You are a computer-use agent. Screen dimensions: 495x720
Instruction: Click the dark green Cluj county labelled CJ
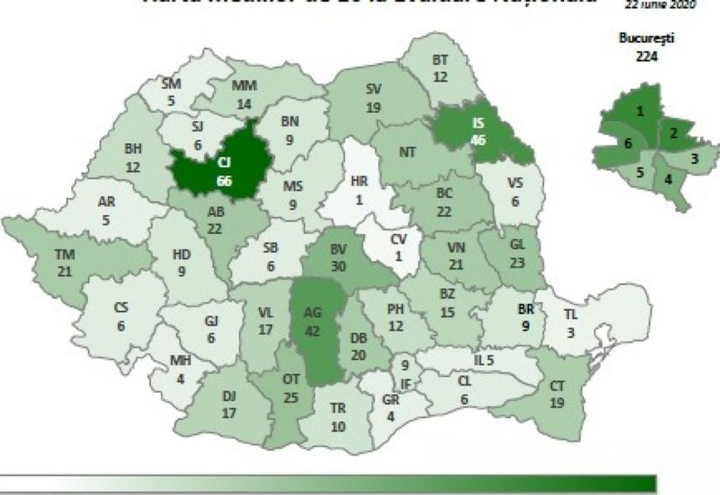coord(219,165)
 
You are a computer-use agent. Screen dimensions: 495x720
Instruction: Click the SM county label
coord(171,85)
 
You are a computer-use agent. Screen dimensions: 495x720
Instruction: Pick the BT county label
coord(441,60)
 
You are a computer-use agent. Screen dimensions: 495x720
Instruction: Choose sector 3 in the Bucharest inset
coord(693,157)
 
